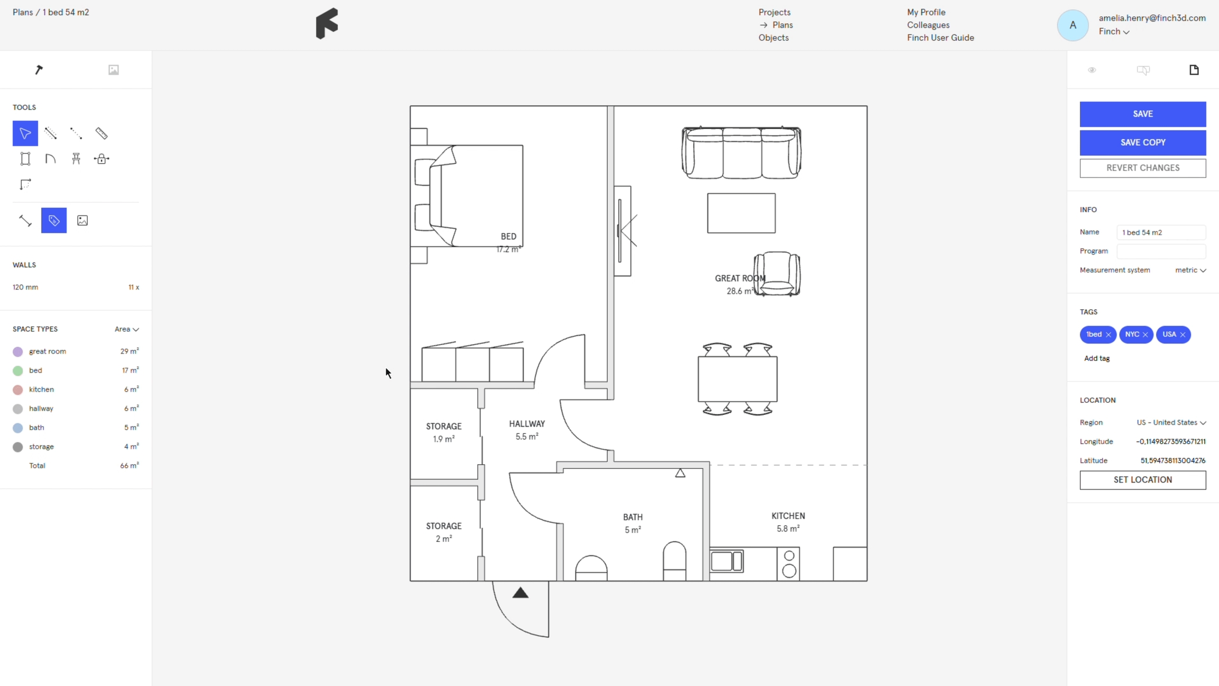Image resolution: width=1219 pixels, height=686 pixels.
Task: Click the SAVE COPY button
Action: click(1143, 142)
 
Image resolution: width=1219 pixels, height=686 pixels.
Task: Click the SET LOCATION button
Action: click(1143, 480)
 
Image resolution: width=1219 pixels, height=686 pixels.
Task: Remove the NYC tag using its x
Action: click(1145, 335)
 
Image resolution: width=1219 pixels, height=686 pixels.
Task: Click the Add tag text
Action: click(1097, 358)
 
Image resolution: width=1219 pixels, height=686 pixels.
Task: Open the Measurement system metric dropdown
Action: click(1190, 270)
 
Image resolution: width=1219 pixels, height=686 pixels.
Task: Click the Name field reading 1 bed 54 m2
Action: click(1161, 232)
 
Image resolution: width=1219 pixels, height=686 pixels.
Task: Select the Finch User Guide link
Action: click(940, 38)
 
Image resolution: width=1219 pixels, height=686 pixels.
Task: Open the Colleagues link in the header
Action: click(928, 25)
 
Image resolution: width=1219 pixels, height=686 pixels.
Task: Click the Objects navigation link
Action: click(774, 38)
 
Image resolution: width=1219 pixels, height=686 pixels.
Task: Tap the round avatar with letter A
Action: click(1072, 25)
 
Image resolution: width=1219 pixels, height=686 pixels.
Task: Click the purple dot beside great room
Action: click(18, 351)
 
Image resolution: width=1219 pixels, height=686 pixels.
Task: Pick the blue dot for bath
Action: click(18, 428)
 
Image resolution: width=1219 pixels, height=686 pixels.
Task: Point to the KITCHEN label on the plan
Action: click(788, 516)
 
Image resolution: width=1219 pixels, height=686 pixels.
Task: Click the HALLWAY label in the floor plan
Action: click(527, 424)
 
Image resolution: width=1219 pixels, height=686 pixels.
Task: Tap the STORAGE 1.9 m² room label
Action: click(444, 432)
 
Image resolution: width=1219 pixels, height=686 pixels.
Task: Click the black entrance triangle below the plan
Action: click(521, 593)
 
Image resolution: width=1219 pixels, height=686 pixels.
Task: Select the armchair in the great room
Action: click(777, 274)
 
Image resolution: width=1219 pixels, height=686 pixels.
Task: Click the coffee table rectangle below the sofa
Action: click(741, 213)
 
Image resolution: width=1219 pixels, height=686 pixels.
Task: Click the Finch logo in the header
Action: click(327, 24)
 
